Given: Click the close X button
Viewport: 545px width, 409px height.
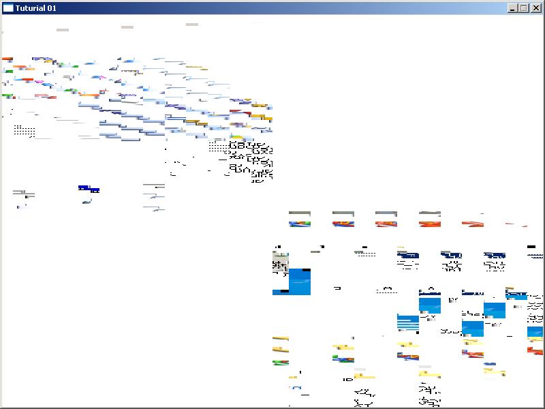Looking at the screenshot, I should [536, 8].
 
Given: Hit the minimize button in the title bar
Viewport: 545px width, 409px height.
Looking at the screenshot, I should [513, 8].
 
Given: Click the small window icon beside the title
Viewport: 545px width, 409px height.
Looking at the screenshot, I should [8, 8].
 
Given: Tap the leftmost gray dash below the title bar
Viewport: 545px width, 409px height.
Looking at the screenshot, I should [63, 30].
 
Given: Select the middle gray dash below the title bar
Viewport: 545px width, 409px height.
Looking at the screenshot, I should [127, 27].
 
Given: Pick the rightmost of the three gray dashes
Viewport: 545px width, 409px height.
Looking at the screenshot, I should [192, 25].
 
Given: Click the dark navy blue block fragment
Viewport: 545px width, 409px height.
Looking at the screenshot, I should [89, 189].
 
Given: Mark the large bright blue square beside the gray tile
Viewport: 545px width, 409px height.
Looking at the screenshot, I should [300, 281].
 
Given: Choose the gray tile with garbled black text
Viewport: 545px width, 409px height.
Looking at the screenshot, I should [280, 262].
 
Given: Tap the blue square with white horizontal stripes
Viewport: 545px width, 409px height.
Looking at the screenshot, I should [407, 322].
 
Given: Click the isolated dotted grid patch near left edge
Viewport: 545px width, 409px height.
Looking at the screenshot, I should [25, 130].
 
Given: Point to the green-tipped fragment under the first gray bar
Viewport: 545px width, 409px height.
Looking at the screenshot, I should [299, 223].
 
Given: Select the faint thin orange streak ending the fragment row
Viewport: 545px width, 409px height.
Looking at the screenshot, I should [516, 224].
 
